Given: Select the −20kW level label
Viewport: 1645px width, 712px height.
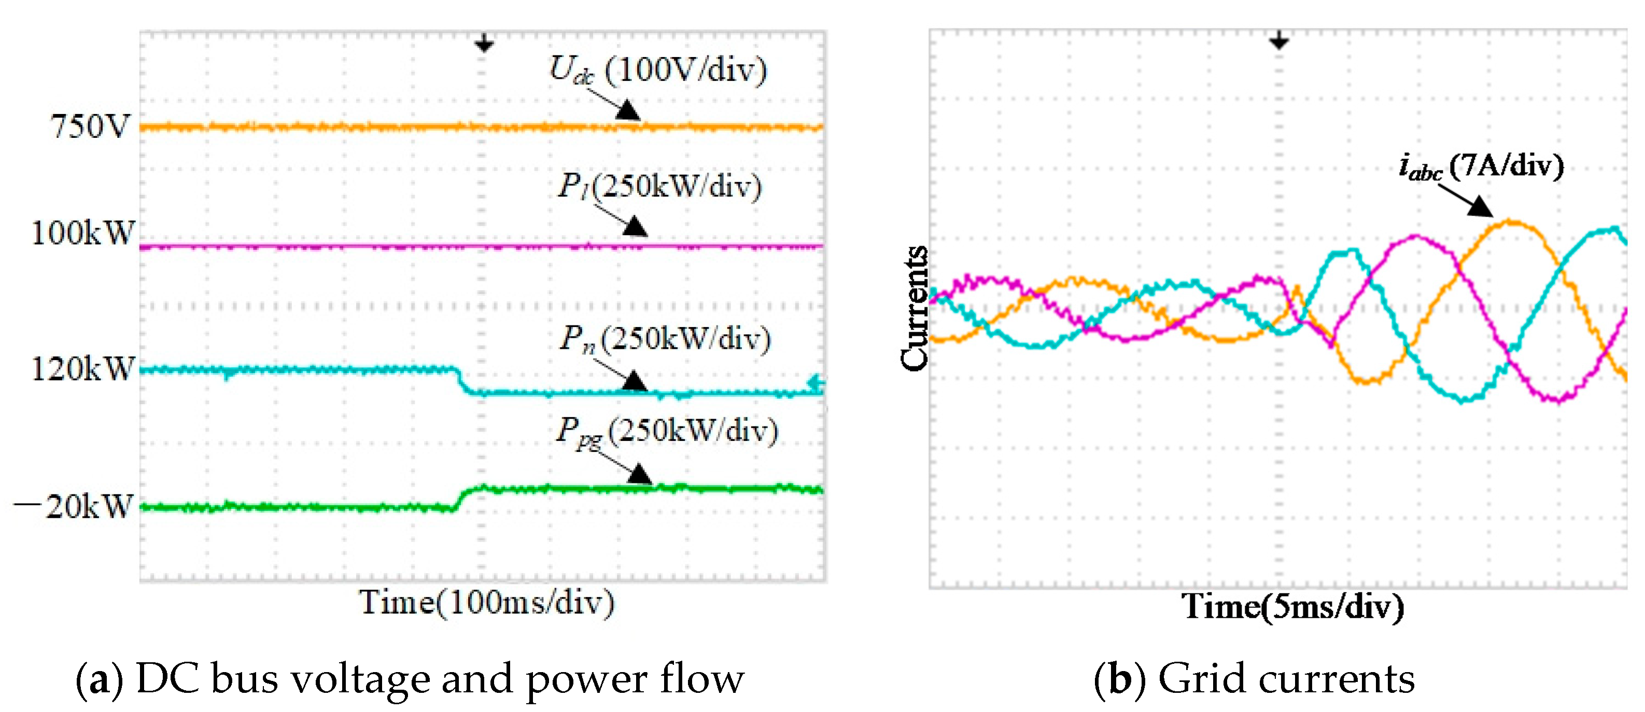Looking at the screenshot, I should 74,507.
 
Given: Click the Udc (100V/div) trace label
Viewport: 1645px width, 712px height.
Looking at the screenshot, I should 658,70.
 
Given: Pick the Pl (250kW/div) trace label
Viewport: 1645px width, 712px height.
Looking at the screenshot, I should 659,187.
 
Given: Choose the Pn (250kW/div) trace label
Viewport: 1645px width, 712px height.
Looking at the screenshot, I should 664,338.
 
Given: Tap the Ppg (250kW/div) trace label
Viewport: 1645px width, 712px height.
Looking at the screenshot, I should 667,431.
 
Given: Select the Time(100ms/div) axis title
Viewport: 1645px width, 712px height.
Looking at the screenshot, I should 487,602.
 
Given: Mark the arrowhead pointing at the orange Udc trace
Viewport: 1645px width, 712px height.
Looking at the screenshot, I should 628,110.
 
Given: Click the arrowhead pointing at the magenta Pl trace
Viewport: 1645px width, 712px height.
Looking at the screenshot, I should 636,226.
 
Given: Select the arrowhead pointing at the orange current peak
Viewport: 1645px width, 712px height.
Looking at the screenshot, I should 1479,206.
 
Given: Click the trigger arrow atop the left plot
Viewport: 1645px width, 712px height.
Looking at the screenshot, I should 484,44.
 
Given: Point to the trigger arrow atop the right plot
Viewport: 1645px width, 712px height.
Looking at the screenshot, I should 1278,41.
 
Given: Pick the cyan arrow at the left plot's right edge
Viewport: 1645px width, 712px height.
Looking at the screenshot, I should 816,383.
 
